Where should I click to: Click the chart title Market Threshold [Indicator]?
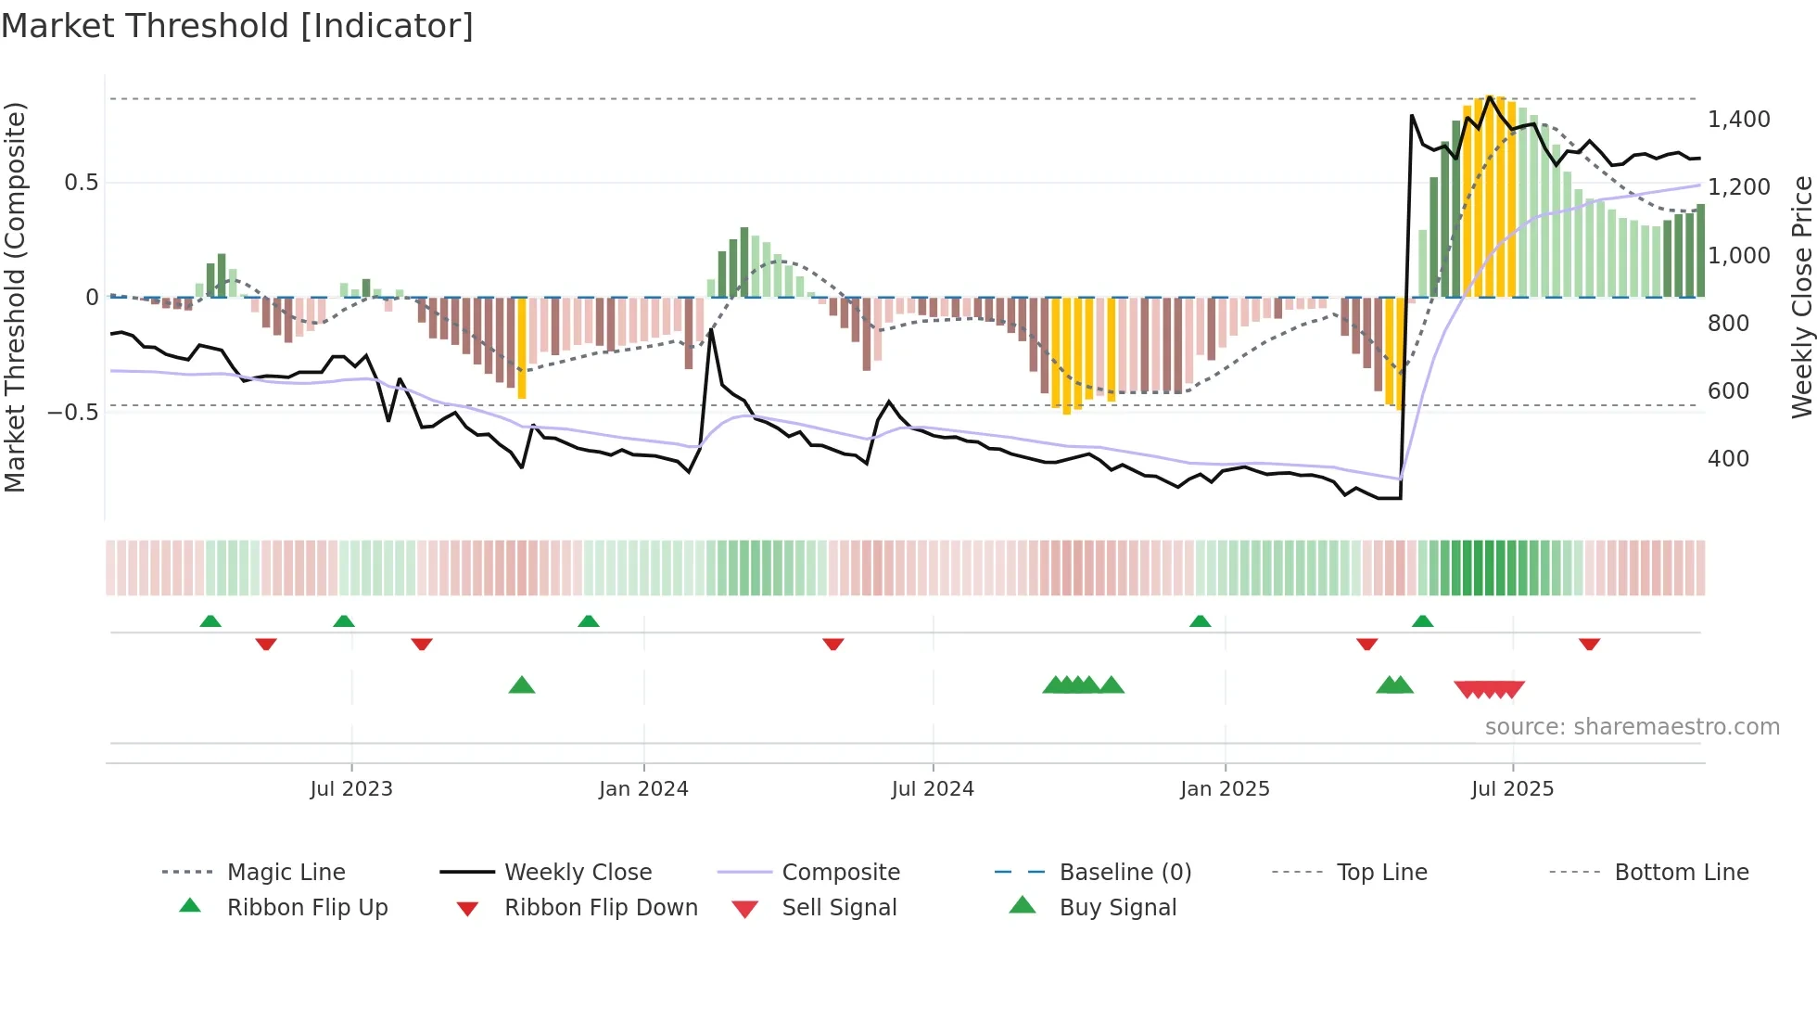[x=237, y=26]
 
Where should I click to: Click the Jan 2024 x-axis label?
[x=643, y=789]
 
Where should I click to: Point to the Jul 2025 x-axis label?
[x=1512, y=789]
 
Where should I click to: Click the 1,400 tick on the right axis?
[x=1738, y=120]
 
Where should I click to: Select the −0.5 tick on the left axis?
[x=72, y=412]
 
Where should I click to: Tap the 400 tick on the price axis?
[x=1728, y=459]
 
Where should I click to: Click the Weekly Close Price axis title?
[x=1800, y=297]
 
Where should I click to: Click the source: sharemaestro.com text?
[x=1632, y=727]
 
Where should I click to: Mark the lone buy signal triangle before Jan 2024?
[x=522, y=686]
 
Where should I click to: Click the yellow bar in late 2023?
[x=522, y=348]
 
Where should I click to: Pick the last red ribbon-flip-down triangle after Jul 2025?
[x=1589, y=644]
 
